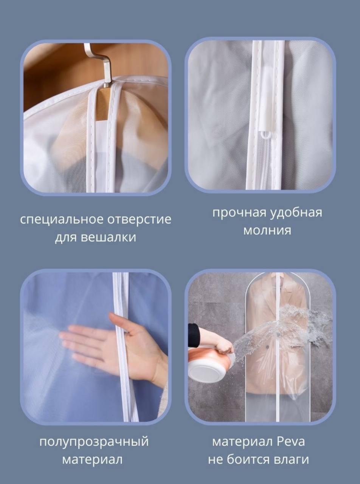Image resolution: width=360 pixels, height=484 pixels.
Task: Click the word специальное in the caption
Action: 61,220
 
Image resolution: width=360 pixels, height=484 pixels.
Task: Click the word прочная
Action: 239,213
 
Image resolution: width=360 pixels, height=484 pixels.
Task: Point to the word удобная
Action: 296,213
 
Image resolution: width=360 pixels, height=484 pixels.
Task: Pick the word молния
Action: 267,230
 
